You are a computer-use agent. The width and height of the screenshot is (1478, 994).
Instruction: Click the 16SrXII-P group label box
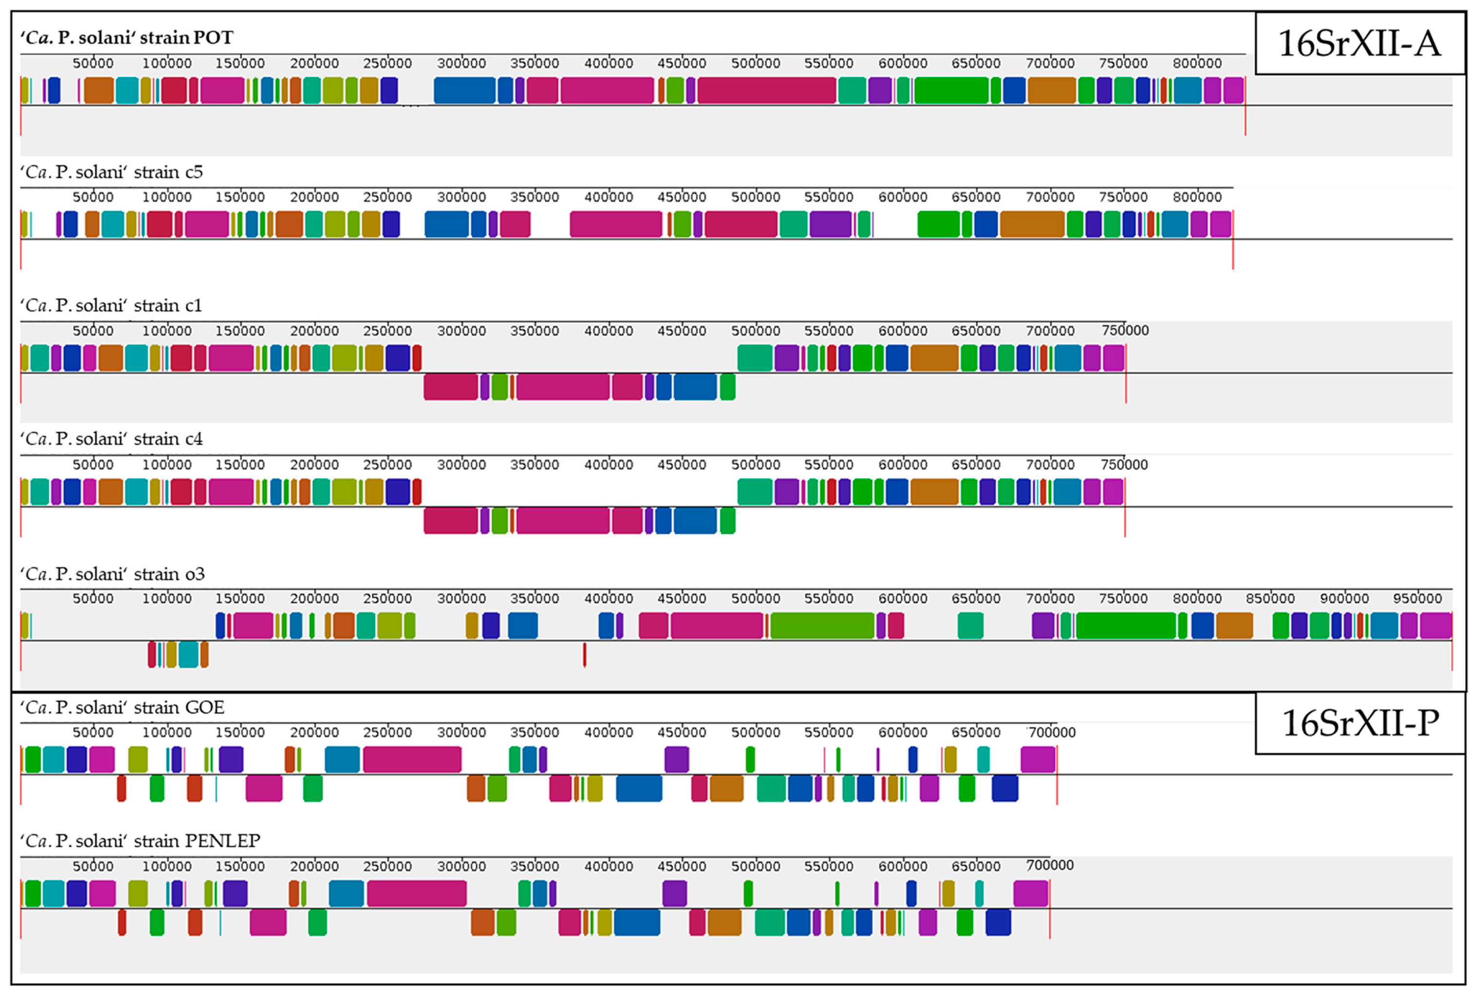tap(1360, 723)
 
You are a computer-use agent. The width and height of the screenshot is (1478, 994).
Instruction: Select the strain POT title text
tap(127, 38)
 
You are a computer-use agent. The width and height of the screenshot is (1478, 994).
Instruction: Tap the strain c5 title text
tap(112, 172)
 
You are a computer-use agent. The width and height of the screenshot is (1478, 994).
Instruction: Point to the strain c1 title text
tap(111, 306)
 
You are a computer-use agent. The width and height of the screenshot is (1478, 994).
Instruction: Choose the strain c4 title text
tap(112, 439)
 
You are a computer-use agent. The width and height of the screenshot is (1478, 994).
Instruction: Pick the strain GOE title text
tap(122, 707)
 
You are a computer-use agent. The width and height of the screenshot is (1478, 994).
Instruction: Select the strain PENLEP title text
tap(140, 841)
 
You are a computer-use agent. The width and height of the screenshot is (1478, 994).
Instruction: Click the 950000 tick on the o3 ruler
tap(1417, 598)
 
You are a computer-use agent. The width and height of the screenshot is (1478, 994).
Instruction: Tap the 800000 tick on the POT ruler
tap(1196, 63)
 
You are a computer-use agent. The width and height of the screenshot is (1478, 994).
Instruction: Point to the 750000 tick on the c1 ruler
tap(1124, 330)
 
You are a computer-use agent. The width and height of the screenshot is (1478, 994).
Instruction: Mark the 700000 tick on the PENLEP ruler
tap(1049, 865)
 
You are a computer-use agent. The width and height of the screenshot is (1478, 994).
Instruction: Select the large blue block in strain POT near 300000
tap(464, 90)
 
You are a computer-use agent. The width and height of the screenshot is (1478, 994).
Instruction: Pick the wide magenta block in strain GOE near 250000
tap(412, 760)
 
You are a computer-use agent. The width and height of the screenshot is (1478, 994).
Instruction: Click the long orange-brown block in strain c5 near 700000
tap(1032, 225)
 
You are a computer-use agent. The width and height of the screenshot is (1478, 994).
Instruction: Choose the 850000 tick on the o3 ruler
tap(1270, 598)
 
